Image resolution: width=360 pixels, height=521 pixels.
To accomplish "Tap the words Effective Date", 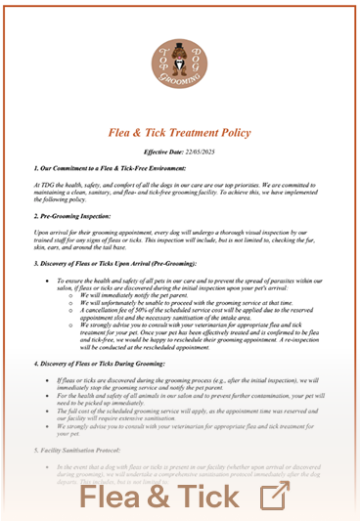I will click(164, 152).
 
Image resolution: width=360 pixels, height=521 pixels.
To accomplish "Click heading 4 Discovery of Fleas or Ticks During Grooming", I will click(111, 364).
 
